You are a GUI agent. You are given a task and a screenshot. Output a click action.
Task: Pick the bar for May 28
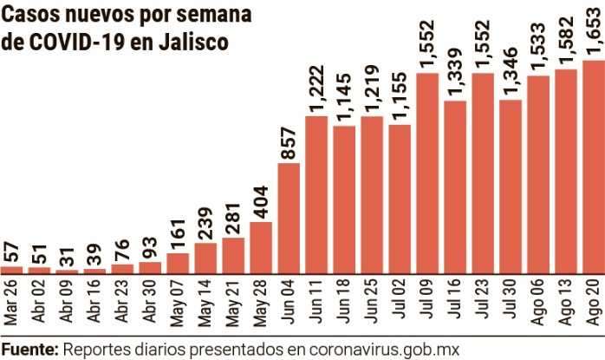(x=261, y=247)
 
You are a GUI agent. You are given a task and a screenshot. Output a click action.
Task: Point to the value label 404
(x=261, y=201)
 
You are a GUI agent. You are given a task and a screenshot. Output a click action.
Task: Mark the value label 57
(x=11, y=251)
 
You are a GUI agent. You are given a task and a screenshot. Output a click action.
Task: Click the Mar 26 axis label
(x=11, y=304)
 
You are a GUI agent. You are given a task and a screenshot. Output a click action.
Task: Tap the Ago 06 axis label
(x=538, y=304)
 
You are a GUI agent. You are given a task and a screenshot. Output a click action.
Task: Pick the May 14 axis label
(x=205, y=304)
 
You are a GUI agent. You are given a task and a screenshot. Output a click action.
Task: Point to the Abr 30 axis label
(x=150, y=304)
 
